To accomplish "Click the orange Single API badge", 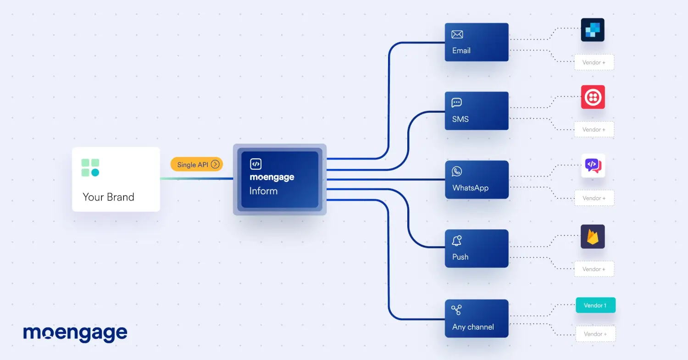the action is point(197,164).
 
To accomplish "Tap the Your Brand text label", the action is point(108,197).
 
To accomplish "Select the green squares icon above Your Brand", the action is point(90,168).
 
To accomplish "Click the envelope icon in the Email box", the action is point(457,34).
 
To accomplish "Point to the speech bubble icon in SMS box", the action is point(456,103).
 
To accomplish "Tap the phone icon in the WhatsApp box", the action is point(457,172).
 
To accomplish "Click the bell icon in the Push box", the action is point(457,241).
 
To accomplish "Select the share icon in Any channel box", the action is point(456,310).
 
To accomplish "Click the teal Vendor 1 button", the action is point(595,305).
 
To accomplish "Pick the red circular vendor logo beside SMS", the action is point(593,97).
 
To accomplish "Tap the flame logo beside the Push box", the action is point(593,237).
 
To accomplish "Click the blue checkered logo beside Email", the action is point(593,30).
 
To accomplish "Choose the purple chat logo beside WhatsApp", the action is point(593,166).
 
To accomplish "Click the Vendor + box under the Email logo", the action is point(594,62).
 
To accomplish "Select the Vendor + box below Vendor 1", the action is point(595,334).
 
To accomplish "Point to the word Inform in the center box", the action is point(264,191).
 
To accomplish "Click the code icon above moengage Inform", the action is point(255,164).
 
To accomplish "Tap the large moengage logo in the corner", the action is point(75,333).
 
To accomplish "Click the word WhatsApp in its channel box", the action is point(470,188).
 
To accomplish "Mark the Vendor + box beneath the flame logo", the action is point(594,269).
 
